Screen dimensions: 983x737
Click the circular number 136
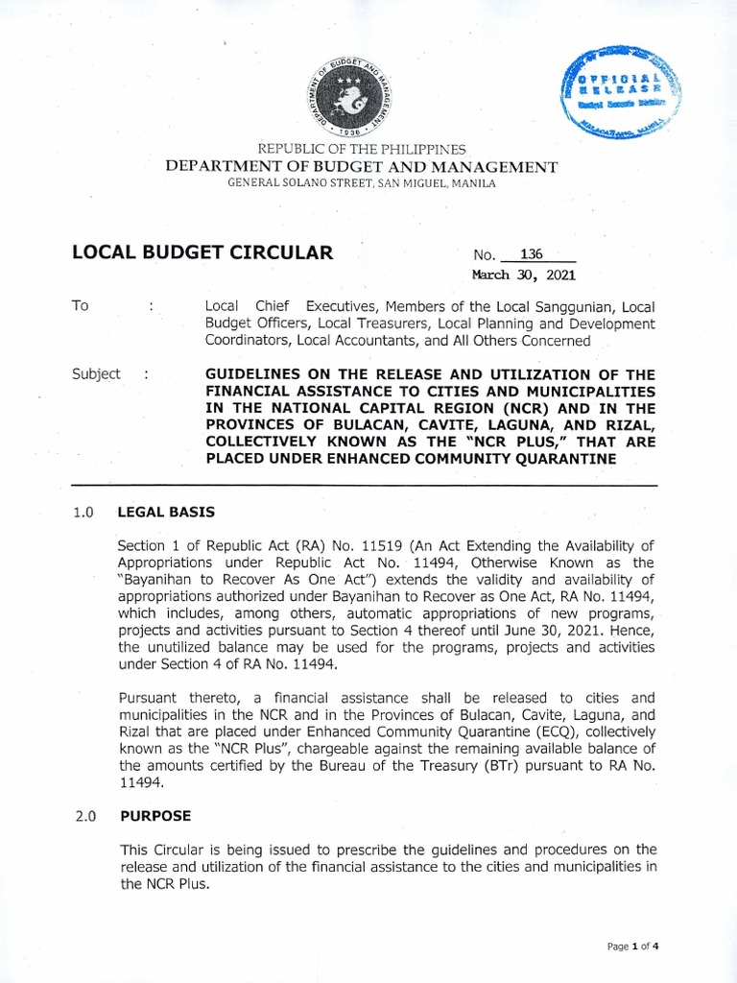[530, 254]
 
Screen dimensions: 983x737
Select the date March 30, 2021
[518, 274]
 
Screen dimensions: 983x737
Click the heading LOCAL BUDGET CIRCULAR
[202, 253]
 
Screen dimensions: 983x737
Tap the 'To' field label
[81, 305]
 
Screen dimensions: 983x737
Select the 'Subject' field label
[96, 374]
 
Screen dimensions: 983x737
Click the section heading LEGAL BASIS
[166, 513]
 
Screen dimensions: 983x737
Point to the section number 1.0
[83, 513]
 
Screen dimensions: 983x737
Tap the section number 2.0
[83, 816]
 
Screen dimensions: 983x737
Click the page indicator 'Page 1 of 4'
[633, 946]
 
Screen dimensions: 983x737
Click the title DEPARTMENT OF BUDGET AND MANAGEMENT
[361, 166]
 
